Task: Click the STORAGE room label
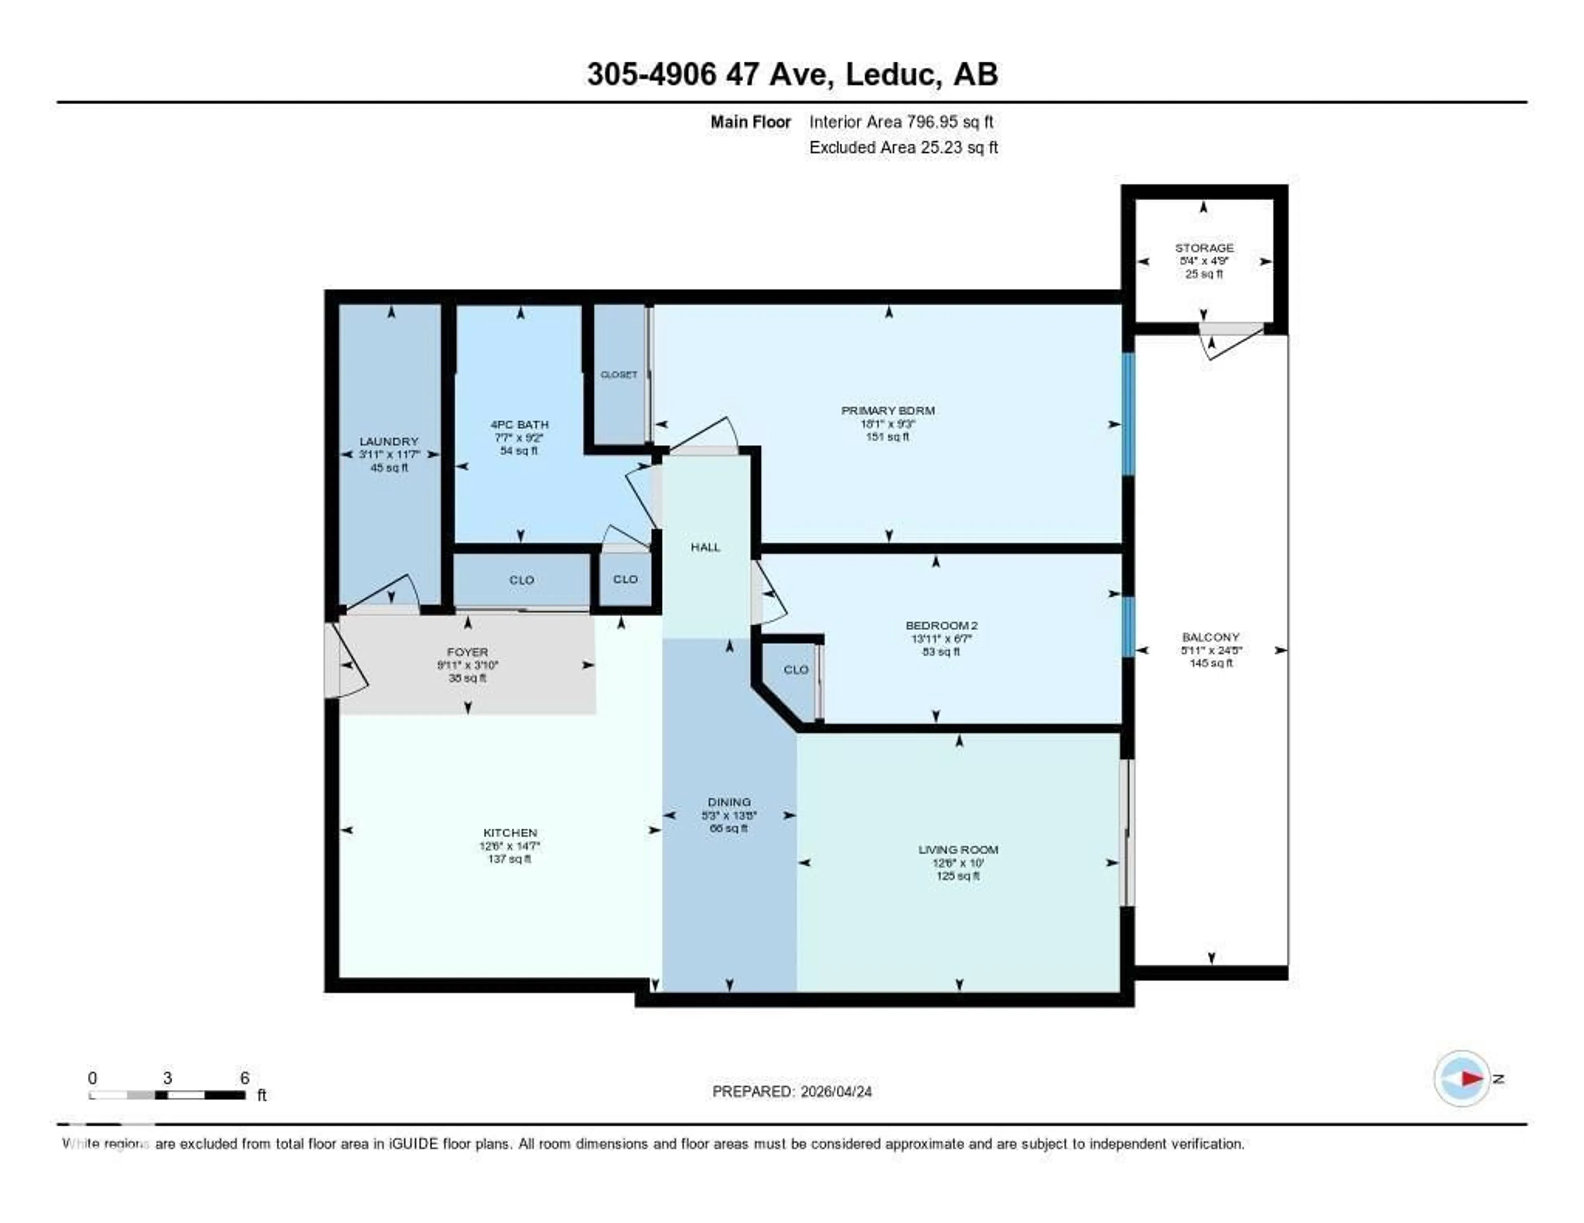(x=1204, y=248)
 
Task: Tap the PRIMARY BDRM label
(x=888, y=410)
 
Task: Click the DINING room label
(x=729, y=802)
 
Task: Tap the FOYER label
(x=467, y=652)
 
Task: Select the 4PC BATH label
(x=519, y=425)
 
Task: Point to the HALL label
(x=705, y=547)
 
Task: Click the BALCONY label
(x=1211, y=637)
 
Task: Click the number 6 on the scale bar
(x=245, y=1078)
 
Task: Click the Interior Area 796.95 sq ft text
(x=901, y=122)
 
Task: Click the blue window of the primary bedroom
(x=1128, y=413)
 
